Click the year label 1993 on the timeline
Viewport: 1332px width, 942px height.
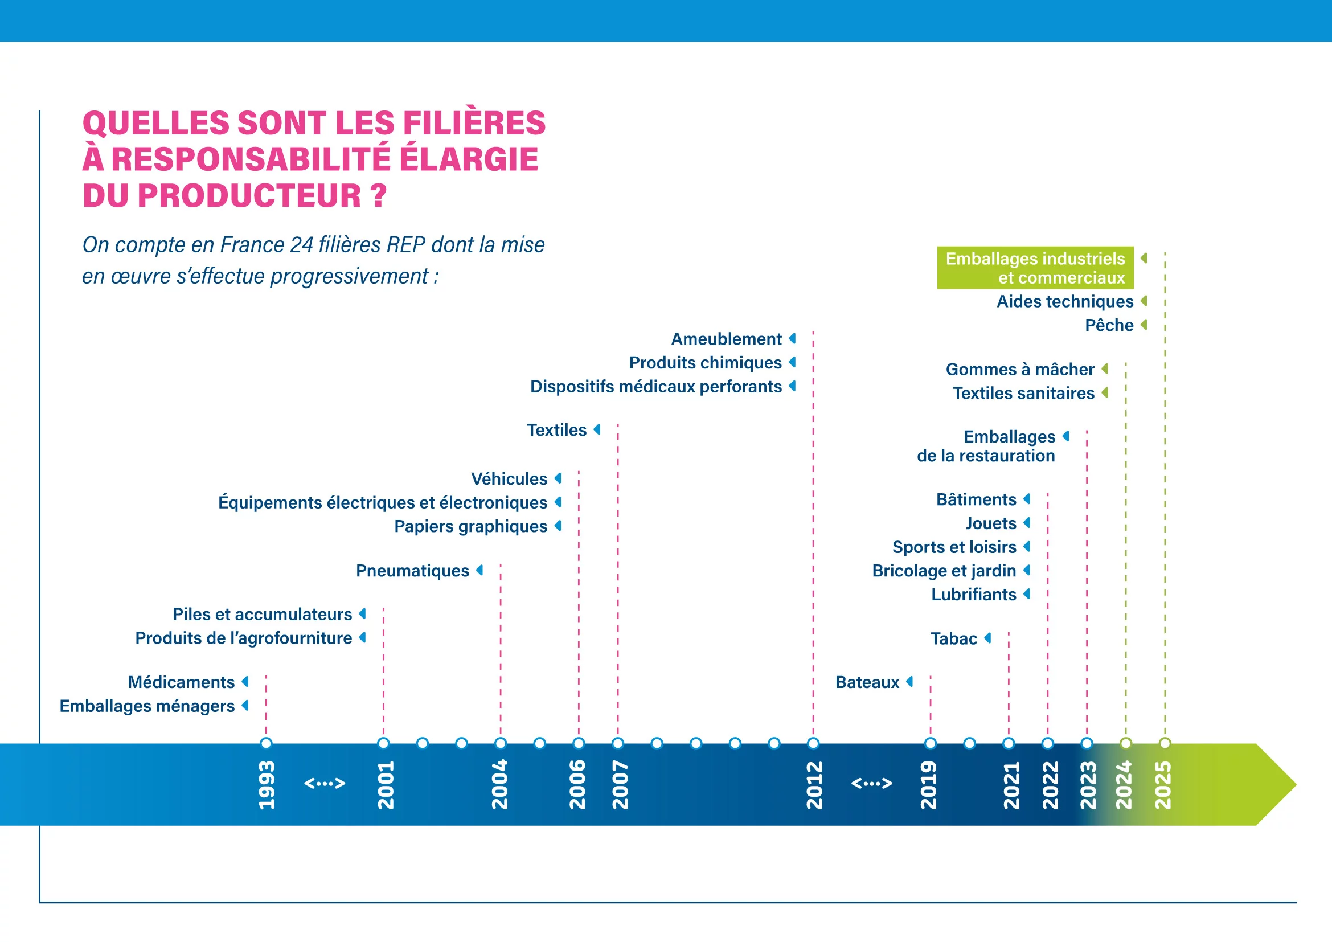[267, 785]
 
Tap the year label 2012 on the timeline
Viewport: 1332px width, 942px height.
[814, 785]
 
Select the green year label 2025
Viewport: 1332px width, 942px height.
[1163, 785]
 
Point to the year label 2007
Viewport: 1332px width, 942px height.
[620, 785]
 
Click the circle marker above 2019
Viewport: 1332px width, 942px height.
[931, 743]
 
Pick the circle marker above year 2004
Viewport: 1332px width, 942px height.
[501, 743]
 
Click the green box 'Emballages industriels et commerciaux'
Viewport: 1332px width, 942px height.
[1035, 268]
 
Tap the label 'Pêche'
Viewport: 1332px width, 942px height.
[1109, 325]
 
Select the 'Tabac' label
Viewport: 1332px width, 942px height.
[954, 638]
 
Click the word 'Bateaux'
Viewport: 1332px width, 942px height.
[867, 682]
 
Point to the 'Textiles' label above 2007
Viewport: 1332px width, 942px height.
[556, 430]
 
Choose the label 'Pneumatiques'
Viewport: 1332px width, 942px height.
[412, 571]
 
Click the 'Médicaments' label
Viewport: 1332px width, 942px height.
[181, 682]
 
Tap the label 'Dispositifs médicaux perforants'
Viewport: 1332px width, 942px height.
[655, 386]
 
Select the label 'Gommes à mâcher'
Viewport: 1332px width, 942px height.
[1020, 370]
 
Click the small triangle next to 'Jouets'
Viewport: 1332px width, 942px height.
[1027, 523]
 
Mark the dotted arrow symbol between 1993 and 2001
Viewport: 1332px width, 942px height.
[325, 783]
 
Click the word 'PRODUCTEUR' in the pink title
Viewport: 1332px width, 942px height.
[249, 195]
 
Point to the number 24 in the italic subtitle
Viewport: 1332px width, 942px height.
[302, 245]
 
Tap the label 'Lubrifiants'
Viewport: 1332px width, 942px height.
[973, 595]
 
